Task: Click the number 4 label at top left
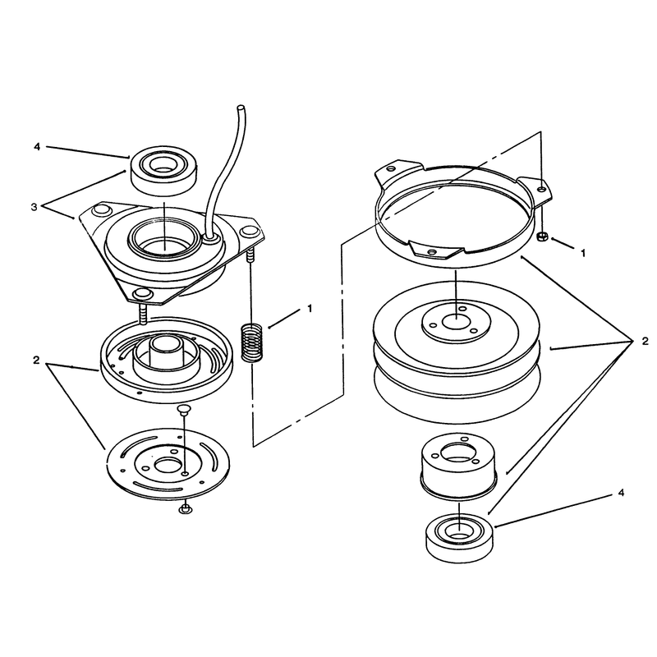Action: [37, 147]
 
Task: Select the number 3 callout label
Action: [34, 207]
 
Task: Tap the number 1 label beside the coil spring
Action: [310, 309]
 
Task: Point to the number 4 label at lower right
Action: [621, 493]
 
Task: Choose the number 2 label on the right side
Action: [645, 342]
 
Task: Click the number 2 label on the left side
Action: [36, 360]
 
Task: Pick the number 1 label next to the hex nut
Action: [582, 253]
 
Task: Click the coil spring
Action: [251, 342]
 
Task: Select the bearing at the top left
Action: [165, 171]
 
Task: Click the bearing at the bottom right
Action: [460, 540]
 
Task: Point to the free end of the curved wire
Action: [241, 108]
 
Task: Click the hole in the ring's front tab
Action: [432, 252]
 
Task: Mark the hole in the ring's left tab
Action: [391, 168]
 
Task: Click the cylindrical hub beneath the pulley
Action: [459, 466]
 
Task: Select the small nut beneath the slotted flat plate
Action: [185, 510]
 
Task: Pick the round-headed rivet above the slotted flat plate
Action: [183, 409]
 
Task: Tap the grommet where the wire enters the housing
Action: [210, 239]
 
